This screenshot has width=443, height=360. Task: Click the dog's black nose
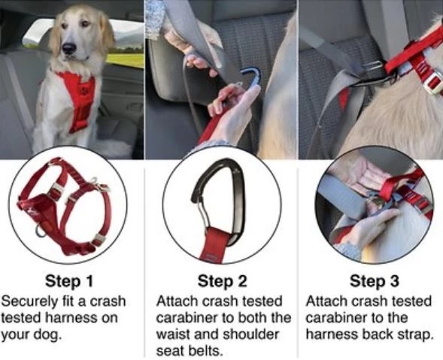[69, 48]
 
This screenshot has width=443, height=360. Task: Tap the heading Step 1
[69, 281]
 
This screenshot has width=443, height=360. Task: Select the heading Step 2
[222, 281]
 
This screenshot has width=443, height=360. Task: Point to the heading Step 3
[375, 281]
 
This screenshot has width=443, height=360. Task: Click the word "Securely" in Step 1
[29, 302]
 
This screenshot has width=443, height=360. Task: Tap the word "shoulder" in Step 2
[251, 334]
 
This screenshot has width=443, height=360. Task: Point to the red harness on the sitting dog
[77, 98]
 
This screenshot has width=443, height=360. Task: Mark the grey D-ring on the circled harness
[40, 231]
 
